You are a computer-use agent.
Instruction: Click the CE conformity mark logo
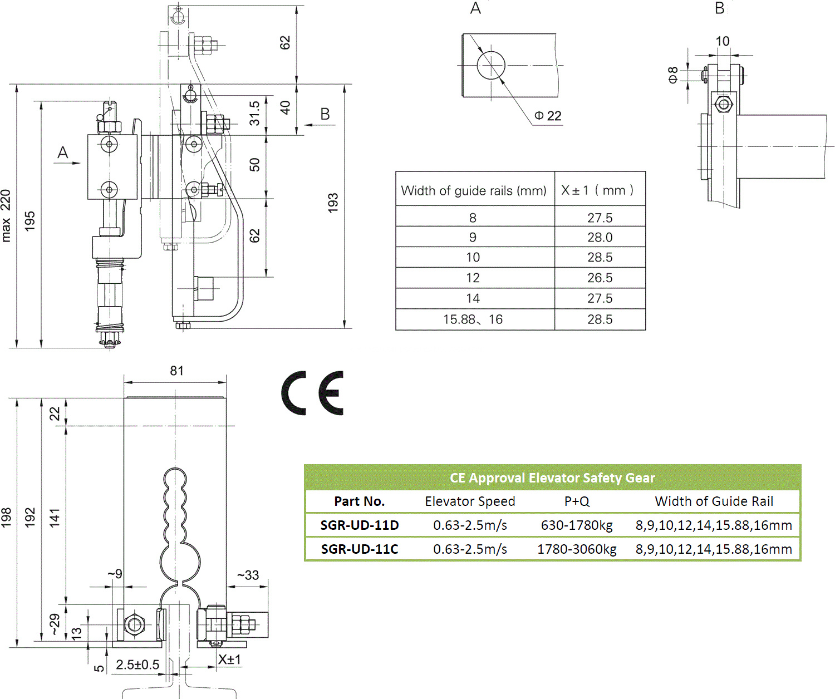(x=312, y=393)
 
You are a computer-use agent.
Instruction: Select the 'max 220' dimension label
(x=6, y=216)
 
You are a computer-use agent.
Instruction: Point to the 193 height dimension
(x=333, y=203)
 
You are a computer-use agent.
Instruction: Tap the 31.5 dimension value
(x=254, y=113)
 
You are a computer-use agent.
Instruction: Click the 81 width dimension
(x=176, y=371)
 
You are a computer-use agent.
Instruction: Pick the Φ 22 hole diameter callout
(x=548, y=116)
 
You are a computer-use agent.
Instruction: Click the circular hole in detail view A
(x=491, y=65)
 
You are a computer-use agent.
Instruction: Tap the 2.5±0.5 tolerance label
(x=137, y=664)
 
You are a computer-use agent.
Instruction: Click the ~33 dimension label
(x=248, y=575)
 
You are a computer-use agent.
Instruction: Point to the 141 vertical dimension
(x=55, y=518)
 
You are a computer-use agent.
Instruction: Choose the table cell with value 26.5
(x=600, y=278)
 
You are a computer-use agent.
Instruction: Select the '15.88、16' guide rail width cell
(x=473, y=319)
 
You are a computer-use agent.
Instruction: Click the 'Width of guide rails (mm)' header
(x=474, y=190)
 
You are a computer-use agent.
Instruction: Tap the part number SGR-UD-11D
(x=360, y=525)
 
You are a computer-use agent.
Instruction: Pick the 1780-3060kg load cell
(x=577, y=549)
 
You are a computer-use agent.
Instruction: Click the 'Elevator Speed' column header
(x=470, y=501)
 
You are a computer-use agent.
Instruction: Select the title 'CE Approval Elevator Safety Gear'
(x=552, y=478)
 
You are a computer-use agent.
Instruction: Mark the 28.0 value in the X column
(x=600, y=237)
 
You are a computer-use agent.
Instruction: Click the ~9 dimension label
(x=115, y=574)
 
